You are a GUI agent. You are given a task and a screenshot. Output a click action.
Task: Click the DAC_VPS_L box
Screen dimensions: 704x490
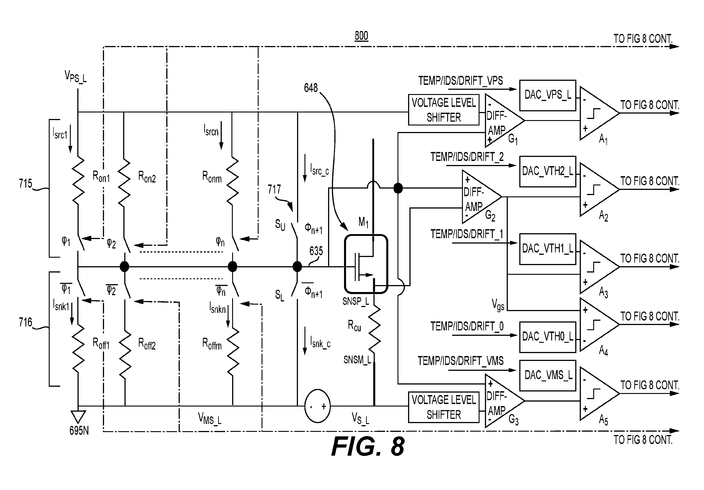click(548, 96)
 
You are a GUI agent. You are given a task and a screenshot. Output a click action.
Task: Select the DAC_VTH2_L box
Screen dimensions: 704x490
click(548, 171)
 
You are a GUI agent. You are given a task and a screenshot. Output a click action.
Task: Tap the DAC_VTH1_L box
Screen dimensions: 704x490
click(548, 249)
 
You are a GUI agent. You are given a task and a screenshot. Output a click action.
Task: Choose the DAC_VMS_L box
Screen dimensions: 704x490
click(548, 376)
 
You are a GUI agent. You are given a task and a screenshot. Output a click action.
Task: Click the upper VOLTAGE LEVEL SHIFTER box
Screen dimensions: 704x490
click(444, 110)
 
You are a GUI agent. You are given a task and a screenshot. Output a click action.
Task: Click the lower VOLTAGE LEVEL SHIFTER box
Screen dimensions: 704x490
click(444, 407)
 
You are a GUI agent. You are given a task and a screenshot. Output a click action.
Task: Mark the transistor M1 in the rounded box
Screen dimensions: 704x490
click(366, 264)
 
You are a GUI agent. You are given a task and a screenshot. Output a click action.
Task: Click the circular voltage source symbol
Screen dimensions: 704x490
click(317, 406)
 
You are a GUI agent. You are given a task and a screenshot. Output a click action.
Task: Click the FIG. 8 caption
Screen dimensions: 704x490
click(368, 446)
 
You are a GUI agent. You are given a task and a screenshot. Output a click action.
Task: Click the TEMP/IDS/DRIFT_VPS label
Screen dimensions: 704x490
click(461, 81)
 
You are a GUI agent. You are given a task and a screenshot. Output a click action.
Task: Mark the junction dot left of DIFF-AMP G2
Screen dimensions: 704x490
click(398, 188)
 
